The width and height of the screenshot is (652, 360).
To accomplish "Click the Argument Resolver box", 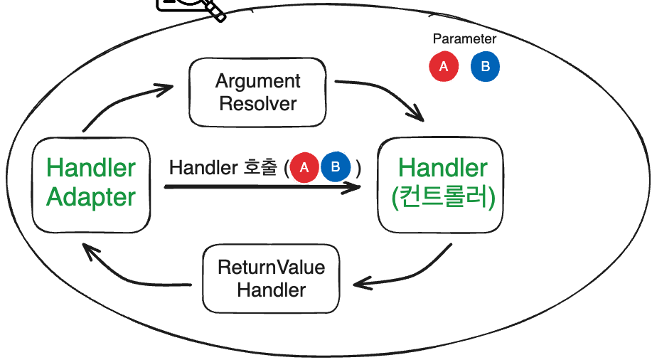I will click(x=257, y=92).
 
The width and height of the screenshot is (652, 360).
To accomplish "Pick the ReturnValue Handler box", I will click(x=271, y=278).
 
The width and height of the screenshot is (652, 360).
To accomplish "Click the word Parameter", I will click(x=464, y=39).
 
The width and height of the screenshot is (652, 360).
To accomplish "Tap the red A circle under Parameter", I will click(x=444, y=67).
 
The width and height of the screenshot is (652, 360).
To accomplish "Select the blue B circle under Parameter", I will click(x=485, y=67).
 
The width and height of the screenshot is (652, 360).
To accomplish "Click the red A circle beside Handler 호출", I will click(x=304, y=168).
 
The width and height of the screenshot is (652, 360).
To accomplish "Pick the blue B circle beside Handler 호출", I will click(x=336, y=168).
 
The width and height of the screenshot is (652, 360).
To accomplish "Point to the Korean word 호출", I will click(x=259, y=169).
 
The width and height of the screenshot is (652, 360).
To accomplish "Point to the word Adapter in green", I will click(x=91, y=197).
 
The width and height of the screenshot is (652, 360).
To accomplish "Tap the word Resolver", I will click(x=258, y=103).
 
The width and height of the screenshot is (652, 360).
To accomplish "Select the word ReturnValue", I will click(x=271, y=268).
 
